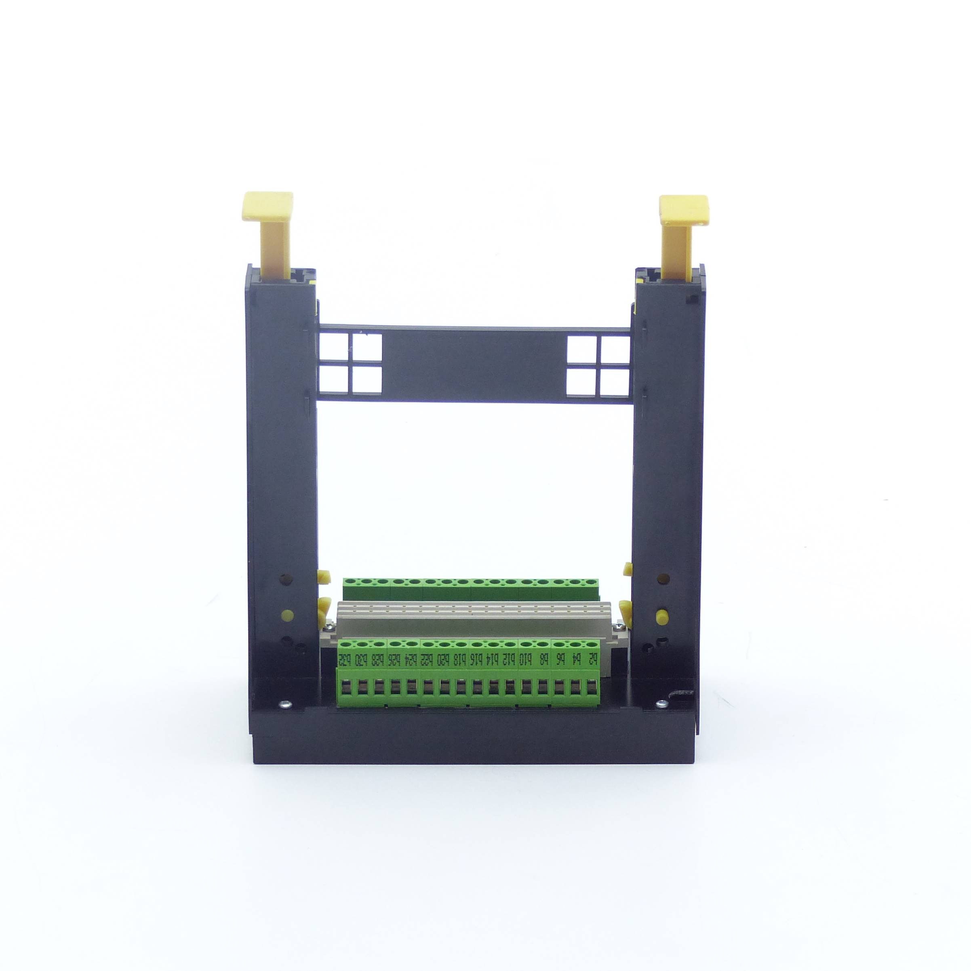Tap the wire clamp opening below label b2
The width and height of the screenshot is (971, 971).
point(593,687)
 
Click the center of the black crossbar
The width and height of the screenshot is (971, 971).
point(474,365)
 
